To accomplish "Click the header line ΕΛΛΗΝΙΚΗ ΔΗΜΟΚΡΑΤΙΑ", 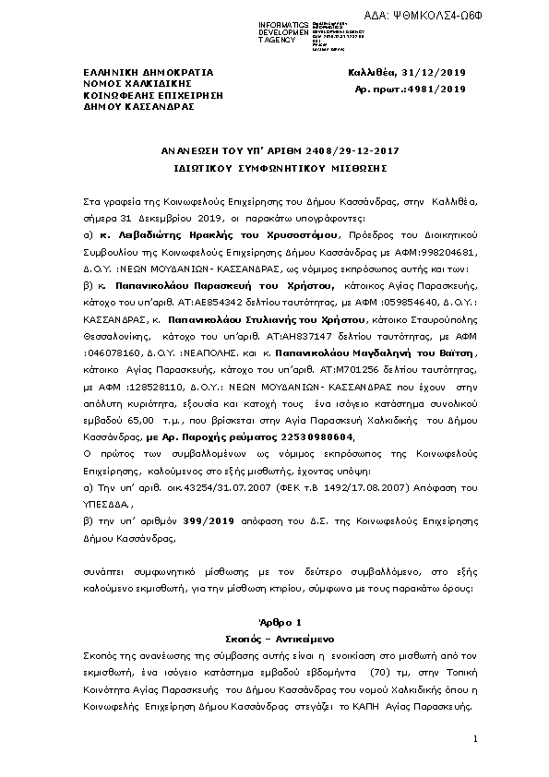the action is click(x=136, y=71).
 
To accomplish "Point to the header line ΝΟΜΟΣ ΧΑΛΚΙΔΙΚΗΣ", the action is click(x=124, y=82).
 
